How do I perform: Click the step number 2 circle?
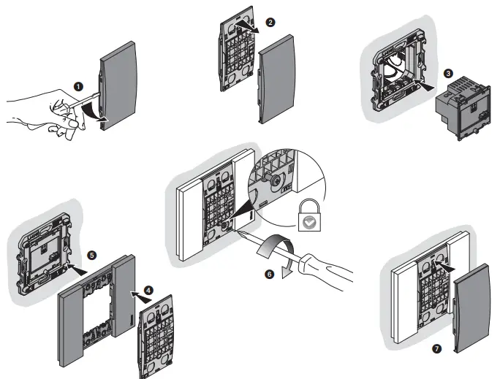tap(271, 23)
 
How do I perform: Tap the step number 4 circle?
tap(149, 289)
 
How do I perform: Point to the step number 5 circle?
tap(91, 256)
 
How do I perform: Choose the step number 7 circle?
tap(436, 348)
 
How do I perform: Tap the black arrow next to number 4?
tap(134, 294)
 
